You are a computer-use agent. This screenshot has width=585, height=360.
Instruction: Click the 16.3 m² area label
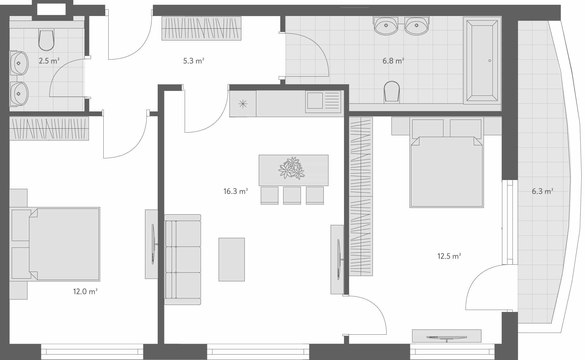pos(235,191)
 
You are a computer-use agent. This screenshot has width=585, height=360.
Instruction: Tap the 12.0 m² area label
pos(85,292)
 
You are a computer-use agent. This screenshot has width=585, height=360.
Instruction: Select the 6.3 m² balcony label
pos(542,191)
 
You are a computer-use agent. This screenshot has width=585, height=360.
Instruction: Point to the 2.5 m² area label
pos(49,61)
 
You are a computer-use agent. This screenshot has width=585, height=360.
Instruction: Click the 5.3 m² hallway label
pos(193,61)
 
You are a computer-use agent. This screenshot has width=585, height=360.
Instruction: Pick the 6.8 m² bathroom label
pos(393,61)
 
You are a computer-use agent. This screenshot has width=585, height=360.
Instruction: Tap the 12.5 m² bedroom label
pos(449,256)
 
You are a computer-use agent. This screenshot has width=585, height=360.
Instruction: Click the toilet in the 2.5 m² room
pos(46,40)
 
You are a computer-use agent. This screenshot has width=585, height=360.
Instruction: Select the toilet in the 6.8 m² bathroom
pos(392,91)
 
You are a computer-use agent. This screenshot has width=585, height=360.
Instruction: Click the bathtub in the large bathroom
pos(482,60)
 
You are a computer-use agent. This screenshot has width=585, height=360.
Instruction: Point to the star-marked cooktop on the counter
pos(243,104)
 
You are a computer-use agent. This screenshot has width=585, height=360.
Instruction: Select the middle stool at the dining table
pos(292,195)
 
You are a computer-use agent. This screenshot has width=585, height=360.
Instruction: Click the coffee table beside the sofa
pos(232,259)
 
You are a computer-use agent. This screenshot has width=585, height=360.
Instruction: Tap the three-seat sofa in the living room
pos(183,260)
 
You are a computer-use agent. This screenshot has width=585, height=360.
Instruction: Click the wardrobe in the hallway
pos(201,28)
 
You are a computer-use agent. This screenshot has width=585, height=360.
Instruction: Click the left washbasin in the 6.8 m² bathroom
pos(386,26)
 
